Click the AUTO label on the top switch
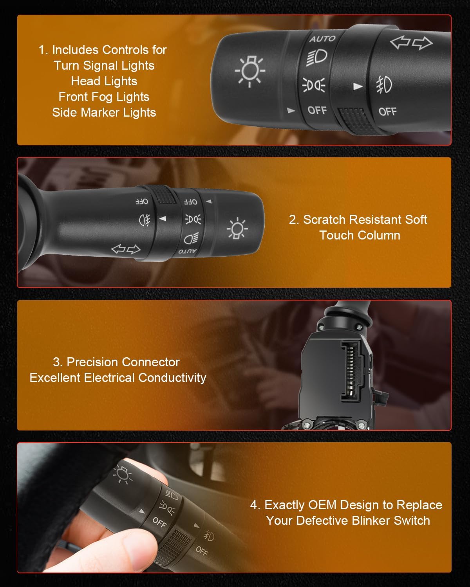click(322, 39)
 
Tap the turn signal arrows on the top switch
click(411, 43)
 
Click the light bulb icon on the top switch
click(250, 71)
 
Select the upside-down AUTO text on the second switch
click(187, 251)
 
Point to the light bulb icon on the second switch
click(237, 228)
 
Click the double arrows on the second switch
click(126, 249)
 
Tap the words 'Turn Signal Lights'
click(104, 65)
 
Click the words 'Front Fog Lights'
click(104, 97)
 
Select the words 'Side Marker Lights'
click(104, 112)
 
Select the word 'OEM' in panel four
click(322, 505)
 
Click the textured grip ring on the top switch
click(355, 120)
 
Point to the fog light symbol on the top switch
click(384, 85)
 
